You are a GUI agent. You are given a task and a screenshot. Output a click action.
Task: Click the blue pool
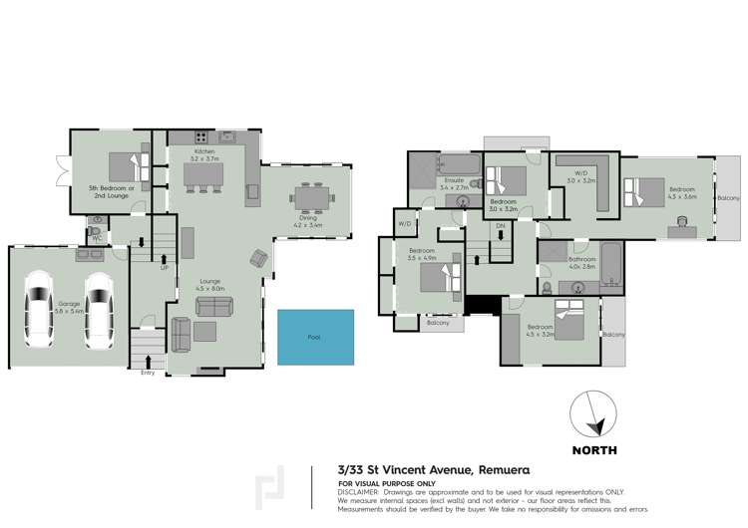click(x=315, y=337)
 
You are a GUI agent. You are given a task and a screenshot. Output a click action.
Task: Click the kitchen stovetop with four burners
click(x=199, y=136)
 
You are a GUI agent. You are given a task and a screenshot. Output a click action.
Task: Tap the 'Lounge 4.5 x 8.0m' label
click(x=210, y=284)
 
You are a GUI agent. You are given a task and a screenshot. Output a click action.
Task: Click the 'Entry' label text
click(x=149, y=373)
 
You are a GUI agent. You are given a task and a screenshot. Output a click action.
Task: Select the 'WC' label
click(x=97, y=238)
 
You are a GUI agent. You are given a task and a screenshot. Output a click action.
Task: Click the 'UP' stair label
click(x=164, y=267)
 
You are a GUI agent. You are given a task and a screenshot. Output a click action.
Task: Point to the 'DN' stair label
click(x=501, y=226)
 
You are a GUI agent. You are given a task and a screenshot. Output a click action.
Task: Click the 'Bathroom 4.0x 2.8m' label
click(x=581, y=262)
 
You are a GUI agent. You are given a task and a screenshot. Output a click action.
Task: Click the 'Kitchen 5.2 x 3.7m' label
click(x=205, y=154)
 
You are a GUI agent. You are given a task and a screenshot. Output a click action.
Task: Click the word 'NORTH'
click(x=593, y=450)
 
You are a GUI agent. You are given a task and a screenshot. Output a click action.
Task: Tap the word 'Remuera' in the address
click(x=501, y=469)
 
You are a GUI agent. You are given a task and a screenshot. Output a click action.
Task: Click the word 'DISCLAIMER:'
click(x=359, y=492)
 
